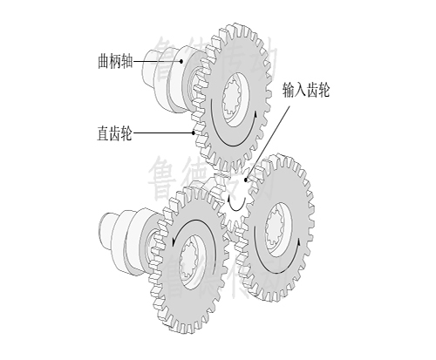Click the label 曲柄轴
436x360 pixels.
[x=115, y=62]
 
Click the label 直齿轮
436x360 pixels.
[x=115, y=134]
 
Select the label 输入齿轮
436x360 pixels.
[x=305, y=90]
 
